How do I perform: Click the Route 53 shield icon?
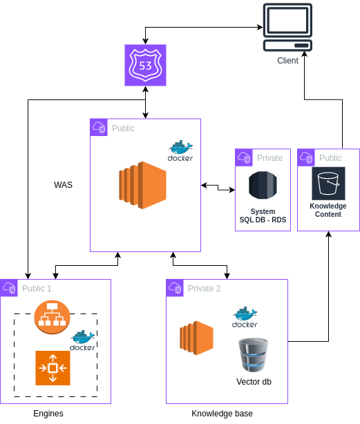tap(145, 65)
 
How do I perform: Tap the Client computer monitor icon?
tap(287, 27)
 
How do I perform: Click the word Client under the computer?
tap(287, 61)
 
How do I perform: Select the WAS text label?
tap(63, 184)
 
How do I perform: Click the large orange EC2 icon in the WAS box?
tap(142, 185)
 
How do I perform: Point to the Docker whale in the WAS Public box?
tap(180, 151)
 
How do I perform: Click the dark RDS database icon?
tap(263, 185)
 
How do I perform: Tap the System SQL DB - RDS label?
tap(263, 215)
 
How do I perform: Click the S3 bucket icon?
tap(328, 183)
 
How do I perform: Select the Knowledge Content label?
tap(328, 210)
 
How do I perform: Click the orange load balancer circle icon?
tap(53, 317)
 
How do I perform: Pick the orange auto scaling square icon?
tap(53, 368)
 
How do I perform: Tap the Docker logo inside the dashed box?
tap(82, 340)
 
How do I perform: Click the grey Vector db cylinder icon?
tap(254, 355)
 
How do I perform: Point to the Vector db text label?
tap(254, 382)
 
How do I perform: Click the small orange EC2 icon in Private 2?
tap(197, 338)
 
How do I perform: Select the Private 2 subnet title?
tap(205, 289)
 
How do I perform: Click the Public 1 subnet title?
tap(37, 289)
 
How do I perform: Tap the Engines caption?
tap(48, 414)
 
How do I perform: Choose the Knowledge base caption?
tap(222, 414)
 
